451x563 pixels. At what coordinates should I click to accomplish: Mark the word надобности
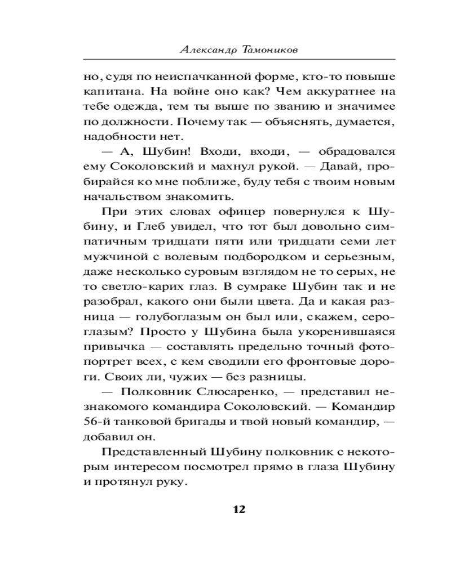pos(111,136)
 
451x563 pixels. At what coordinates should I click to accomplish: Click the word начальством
pos(117,197)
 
